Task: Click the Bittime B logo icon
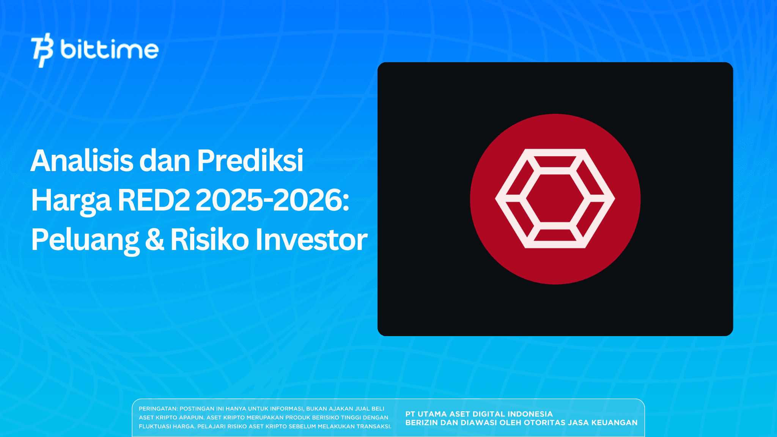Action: (42, 50)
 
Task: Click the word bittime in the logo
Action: (109, 50)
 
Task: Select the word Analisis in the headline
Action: (82, 161)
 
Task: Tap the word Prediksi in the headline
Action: (250, 161)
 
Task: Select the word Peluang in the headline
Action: (85, 241)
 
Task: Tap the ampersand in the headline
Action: (155, 240)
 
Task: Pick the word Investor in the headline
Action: (311, 240)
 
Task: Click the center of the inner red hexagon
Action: (555, 198)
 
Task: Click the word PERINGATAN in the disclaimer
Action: (158, 409)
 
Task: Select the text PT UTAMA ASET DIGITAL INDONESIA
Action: (479, 414)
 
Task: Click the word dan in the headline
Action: (165, 161)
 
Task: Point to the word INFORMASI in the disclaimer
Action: (287, 409)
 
